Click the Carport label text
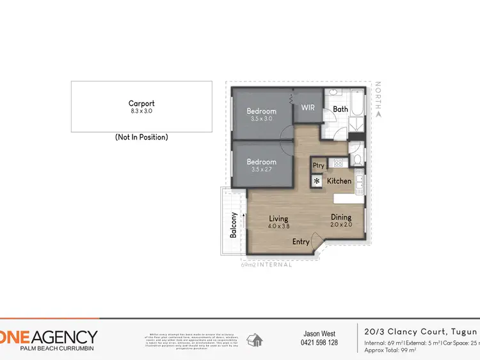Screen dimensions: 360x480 141,103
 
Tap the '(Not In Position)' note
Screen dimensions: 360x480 141,137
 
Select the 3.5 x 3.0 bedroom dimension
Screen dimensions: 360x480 261,119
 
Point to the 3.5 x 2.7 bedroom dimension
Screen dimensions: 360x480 261,170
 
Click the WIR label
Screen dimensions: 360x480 307,108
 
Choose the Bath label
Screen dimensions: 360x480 340,109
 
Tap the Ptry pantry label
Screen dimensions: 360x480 318,165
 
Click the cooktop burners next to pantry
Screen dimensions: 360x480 334,164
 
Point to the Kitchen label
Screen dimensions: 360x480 339,181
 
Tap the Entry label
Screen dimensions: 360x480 301,241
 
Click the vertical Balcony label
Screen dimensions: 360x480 234,225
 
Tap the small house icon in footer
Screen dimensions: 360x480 255,339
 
